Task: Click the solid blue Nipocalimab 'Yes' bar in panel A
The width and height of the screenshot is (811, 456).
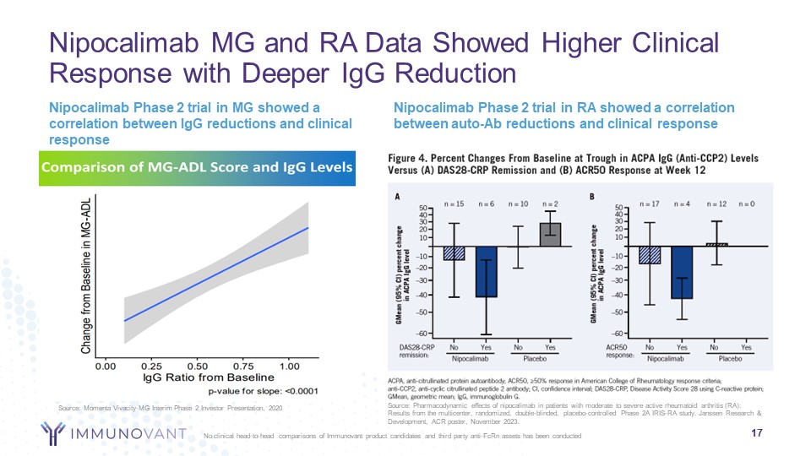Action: tap(485, 272)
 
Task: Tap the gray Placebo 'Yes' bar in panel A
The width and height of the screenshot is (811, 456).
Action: tap(550, 235)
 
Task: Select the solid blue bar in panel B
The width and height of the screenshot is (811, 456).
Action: tap(682, 273)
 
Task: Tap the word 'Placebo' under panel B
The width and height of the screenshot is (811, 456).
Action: tap(731, 358)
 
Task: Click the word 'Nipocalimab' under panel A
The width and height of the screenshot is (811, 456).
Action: tap(471, 358)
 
